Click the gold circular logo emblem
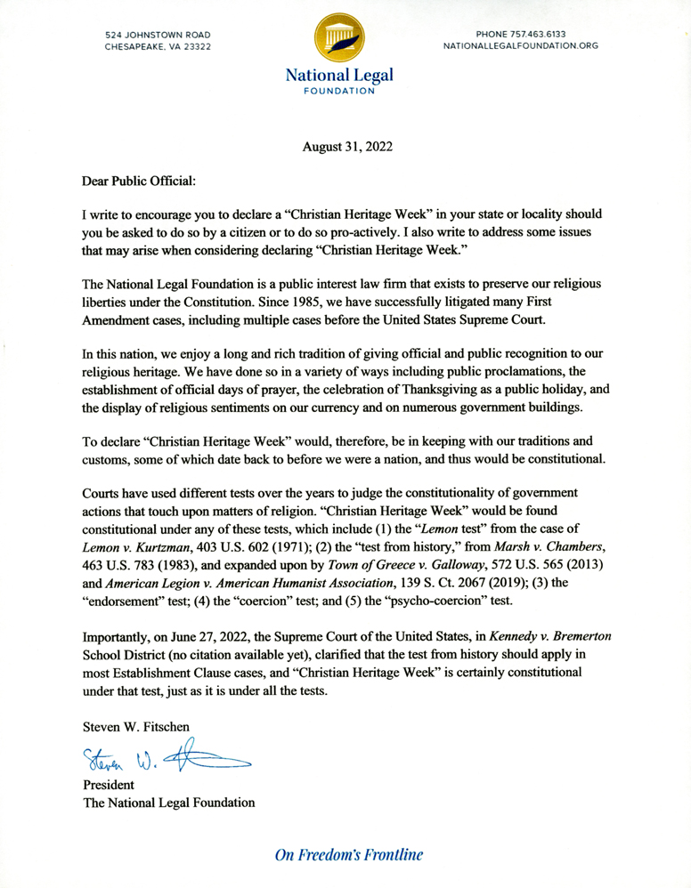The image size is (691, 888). (345, 39)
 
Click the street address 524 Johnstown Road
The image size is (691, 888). (157, 34)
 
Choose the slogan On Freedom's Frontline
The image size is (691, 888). (348, 855)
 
